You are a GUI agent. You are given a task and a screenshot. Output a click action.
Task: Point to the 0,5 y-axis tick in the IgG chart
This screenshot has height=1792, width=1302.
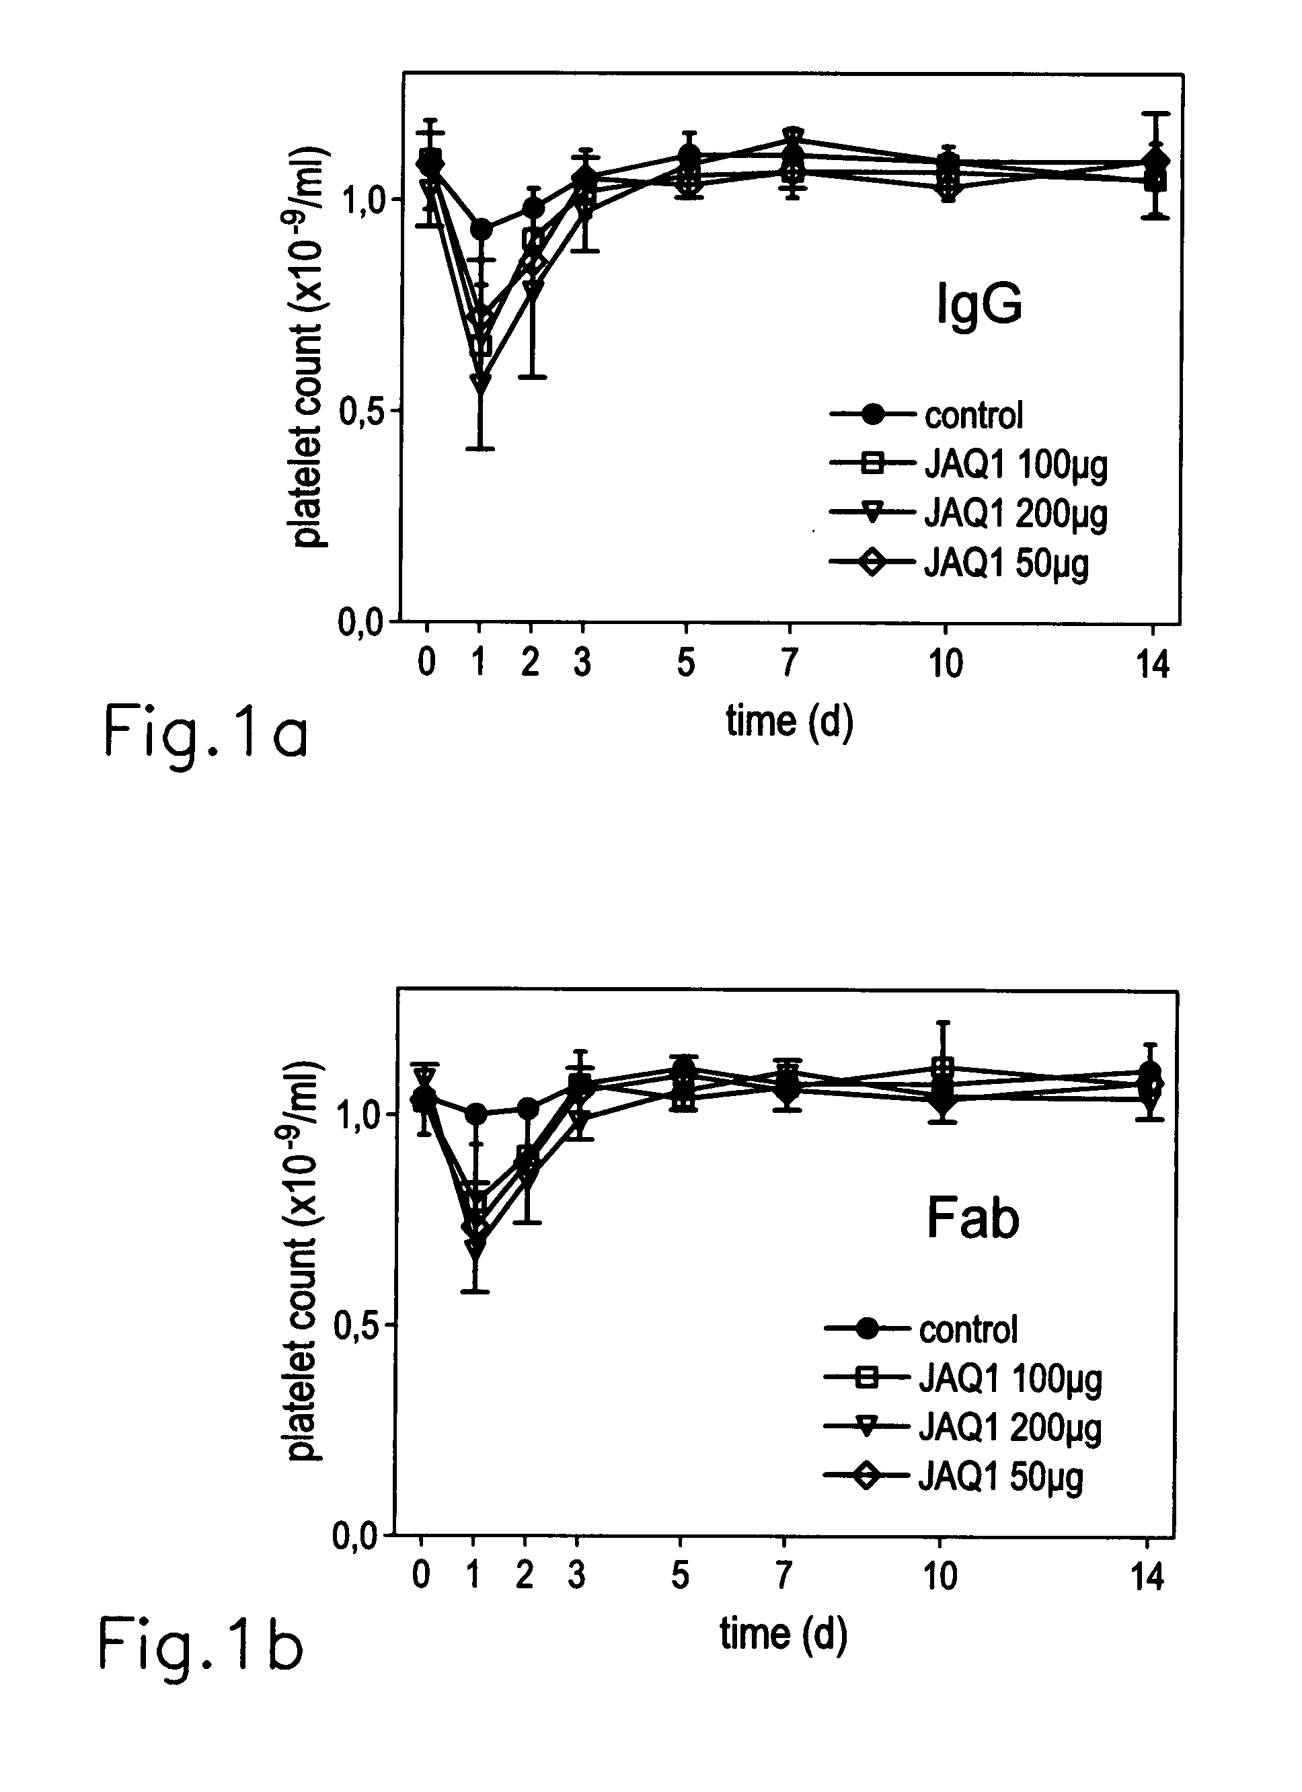[362, 411]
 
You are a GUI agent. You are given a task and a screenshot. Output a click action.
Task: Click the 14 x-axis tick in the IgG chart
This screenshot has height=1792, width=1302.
[1153, 664]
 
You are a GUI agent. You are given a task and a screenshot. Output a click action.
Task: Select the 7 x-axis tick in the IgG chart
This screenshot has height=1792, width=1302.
[790, 662]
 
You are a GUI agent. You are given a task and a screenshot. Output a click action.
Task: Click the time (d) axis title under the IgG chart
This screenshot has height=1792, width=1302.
[790, 722]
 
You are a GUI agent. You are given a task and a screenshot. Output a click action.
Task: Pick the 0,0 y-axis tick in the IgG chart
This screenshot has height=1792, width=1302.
[362, 623]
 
